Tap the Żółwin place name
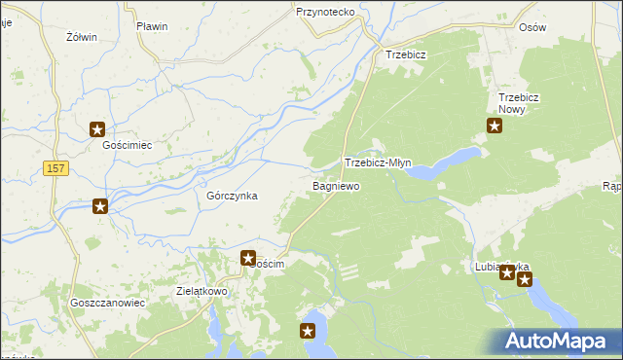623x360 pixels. (81, 37)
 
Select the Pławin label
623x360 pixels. (152, 26)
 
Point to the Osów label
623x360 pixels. (532, 28)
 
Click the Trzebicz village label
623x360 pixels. (407, 54)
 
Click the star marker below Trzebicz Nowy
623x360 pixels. (494, 126)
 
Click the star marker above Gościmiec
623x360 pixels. (97, 128)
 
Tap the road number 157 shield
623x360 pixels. (56, 169)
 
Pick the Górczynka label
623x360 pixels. (232, 196)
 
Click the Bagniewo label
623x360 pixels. (336, 185)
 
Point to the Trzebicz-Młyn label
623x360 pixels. (383, 163)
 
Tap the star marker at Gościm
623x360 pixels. (248, 259)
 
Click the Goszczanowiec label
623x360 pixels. (107, 303)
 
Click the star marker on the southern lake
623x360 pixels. (309, 332)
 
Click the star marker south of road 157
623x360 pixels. (100, 205)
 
